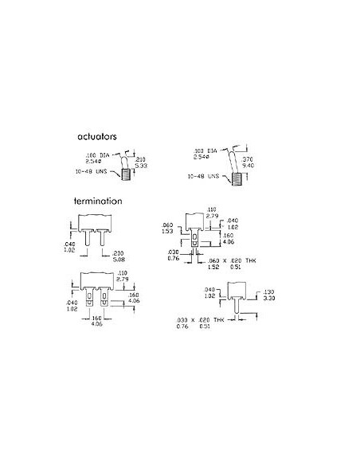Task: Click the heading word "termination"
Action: pos(100,202)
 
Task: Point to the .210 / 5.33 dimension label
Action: pos(141,163)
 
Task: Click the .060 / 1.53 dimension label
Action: pos(168,227)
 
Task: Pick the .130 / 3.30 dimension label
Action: pos(269,295)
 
